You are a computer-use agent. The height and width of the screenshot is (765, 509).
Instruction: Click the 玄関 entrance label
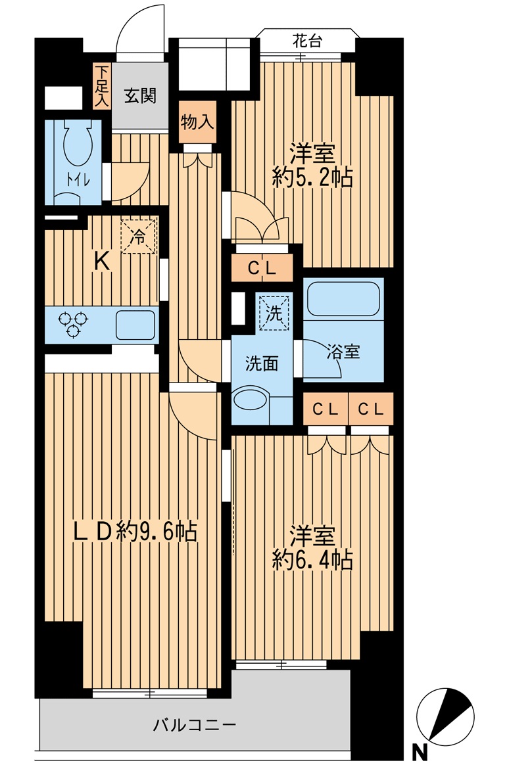140,96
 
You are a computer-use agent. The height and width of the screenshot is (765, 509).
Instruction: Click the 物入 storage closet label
197,123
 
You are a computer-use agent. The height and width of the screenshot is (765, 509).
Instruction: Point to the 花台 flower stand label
307,41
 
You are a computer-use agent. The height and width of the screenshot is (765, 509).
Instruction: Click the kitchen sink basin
135,325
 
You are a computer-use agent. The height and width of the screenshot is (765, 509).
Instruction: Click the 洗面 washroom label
261,363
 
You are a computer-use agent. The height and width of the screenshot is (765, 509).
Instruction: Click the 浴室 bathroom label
343,352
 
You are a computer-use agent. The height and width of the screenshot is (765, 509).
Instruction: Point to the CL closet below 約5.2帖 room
262,268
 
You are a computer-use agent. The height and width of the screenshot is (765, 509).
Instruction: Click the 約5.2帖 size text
312,177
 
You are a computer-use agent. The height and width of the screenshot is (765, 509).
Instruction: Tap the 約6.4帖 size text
312,560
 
